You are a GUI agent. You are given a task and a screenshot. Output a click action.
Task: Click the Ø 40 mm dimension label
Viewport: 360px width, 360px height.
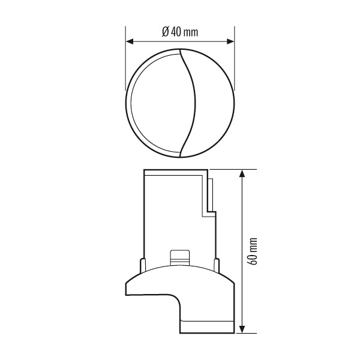pyautogui.click(x=180, y=32)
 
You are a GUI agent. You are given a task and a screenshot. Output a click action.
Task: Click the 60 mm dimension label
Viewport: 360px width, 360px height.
pyautogui.click(x=253, y=251)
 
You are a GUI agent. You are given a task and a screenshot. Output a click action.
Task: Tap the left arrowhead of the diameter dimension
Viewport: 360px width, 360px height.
pyautogui.click(x=130, y=41)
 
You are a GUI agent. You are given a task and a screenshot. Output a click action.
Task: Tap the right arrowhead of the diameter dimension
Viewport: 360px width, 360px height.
pyautogui.click(x=230, y=41)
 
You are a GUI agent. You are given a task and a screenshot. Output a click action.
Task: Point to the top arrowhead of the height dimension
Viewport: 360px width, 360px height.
pyautogui.click(x=242, y=173)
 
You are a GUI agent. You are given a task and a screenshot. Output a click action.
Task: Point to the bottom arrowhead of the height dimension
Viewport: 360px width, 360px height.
pyautogui.click(x=242, y=329)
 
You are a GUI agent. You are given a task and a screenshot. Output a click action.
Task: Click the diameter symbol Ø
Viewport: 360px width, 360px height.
pyautogui.click(x=165, y=32)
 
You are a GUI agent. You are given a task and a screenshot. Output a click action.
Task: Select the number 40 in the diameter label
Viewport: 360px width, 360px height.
pyautogui.click(x=176, y=32)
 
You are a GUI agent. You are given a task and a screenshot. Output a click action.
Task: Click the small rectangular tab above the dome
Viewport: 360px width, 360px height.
pyautogui.click(x=180, y=258)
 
